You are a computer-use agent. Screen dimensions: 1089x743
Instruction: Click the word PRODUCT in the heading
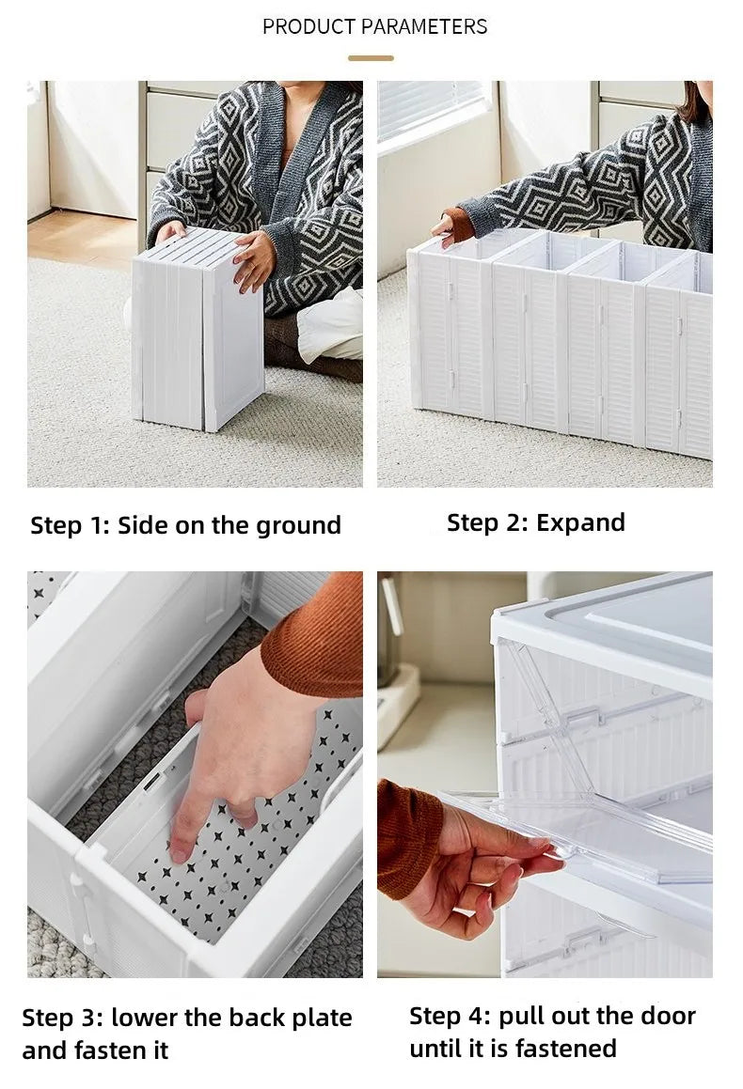click(308, 26)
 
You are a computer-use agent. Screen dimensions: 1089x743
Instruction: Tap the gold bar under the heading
click(371, 57)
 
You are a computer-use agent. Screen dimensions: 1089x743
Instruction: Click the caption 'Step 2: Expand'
click(535, 522)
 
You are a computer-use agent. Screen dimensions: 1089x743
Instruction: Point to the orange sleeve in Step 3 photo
click(315, 639)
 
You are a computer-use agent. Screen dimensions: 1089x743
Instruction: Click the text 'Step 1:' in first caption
click(70, 525)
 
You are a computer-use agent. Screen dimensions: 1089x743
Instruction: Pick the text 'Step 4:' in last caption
click(450, 1016)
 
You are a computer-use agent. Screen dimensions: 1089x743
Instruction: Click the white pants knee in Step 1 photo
click(331, 324)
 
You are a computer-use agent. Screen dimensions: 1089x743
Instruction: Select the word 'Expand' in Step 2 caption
click(580, 522)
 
